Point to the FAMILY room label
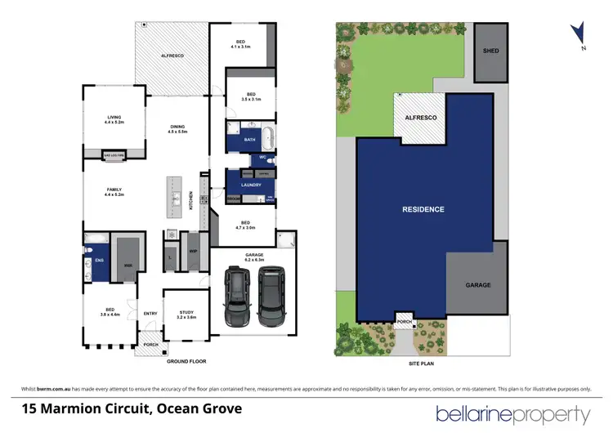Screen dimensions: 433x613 point(114,191)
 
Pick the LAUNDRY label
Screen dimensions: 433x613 point(250,185)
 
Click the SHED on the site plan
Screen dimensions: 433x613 point(490,51)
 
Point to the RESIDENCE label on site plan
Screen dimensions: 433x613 point(423,209)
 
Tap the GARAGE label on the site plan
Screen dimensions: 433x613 point(478,285)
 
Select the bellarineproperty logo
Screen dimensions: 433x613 point(512,413)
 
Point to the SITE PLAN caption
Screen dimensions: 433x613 point(423,360)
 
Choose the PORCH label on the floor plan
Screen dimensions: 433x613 point(150,345)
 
